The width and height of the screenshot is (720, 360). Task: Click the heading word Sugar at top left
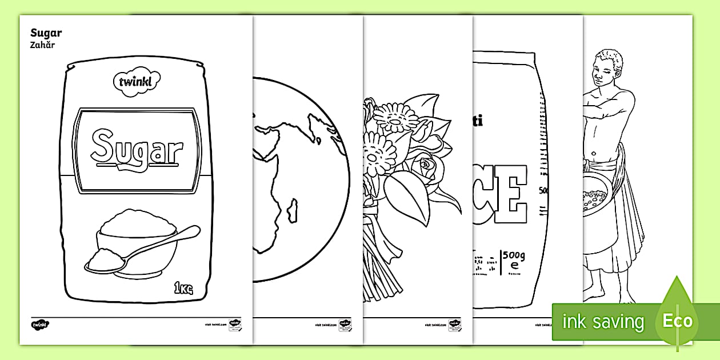pyautogui.click(x=46, y=33)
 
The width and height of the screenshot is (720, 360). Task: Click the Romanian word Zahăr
pyautogui.click(x=43, y=45)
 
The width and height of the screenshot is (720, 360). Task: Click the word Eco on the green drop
pyautogui.click(x=677, y=321)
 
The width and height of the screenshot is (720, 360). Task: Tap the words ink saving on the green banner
pyautogui.click(x=602, y=322)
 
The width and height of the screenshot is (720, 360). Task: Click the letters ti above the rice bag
pyautogui.click(x=477, y=122)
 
